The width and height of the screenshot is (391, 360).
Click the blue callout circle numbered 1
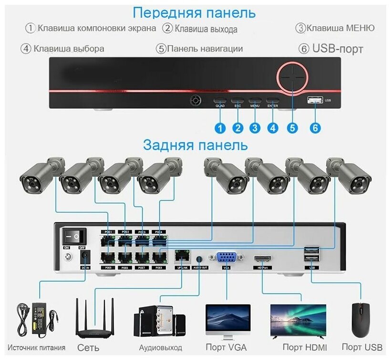tap(220, 128)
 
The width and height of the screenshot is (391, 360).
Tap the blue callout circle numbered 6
tap(315, 128)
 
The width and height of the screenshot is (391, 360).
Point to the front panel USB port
tap(314, 100)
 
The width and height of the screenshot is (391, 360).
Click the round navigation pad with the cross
tap(292, 76)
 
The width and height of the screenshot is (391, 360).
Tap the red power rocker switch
tap(74, 236)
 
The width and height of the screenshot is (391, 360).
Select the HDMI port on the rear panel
tap(263, 259)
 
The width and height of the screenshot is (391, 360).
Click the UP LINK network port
tap(182, 256)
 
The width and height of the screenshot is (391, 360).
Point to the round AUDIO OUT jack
tap(199, 258)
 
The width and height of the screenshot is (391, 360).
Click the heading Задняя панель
tap(195, 144)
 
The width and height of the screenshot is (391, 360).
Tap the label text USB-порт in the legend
tap(338, 49)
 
